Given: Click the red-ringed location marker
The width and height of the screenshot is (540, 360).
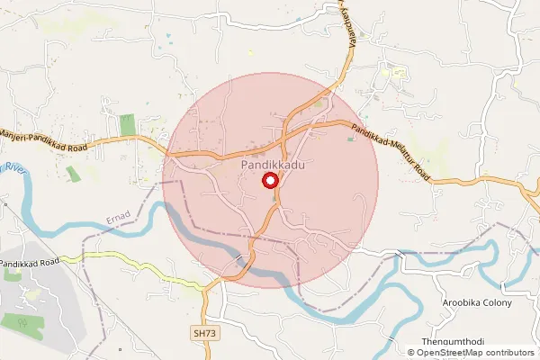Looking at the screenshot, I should (270, 181).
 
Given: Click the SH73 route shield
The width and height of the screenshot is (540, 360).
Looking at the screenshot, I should (204, 333).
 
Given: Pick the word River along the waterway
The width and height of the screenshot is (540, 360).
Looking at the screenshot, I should (13, 168).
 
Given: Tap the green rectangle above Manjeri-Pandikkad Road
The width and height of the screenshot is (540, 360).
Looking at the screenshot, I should (128, 124).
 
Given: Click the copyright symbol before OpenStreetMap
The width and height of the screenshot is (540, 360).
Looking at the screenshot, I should (411, 354).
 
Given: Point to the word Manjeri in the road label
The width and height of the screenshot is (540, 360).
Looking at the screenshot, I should (17, 131).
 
